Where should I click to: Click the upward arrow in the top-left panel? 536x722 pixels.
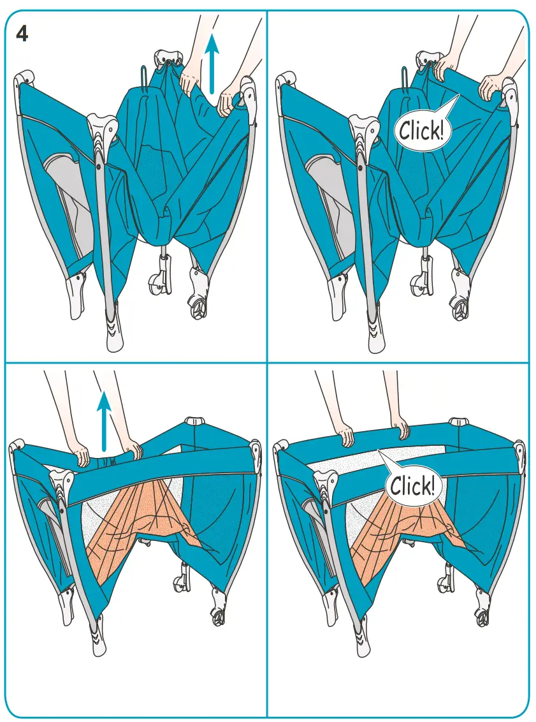click(x=212, y=64)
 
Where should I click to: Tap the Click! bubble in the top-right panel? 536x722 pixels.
click(x=421, y=130)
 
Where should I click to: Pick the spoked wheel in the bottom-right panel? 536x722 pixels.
click(x=482, y=617)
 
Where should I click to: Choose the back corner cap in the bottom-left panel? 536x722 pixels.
click(x=194, y=422)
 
